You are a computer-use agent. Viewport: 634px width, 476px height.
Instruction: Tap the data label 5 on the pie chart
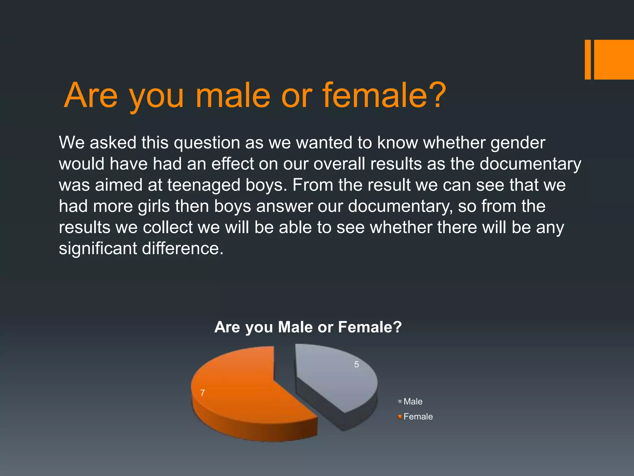(x=357, y=365)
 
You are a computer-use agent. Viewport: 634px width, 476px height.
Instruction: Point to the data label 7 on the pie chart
(x=202, y=393)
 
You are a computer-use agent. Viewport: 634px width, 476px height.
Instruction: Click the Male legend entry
(x=413, y=402)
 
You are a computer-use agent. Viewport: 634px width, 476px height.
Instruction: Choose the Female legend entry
(x=418, y=416)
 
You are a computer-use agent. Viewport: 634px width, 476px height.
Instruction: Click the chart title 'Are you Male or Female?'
(x=308, y=327)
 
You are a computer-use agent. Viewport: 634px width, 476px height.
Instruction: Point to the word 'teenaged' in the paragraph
(x=204, y=185)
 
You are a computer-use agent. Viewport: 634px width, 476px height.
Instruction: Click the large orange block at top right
(x=614, y=59)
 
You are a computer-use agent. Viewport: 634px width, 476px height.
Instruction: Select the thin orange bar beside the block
(x=588, y=59)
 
